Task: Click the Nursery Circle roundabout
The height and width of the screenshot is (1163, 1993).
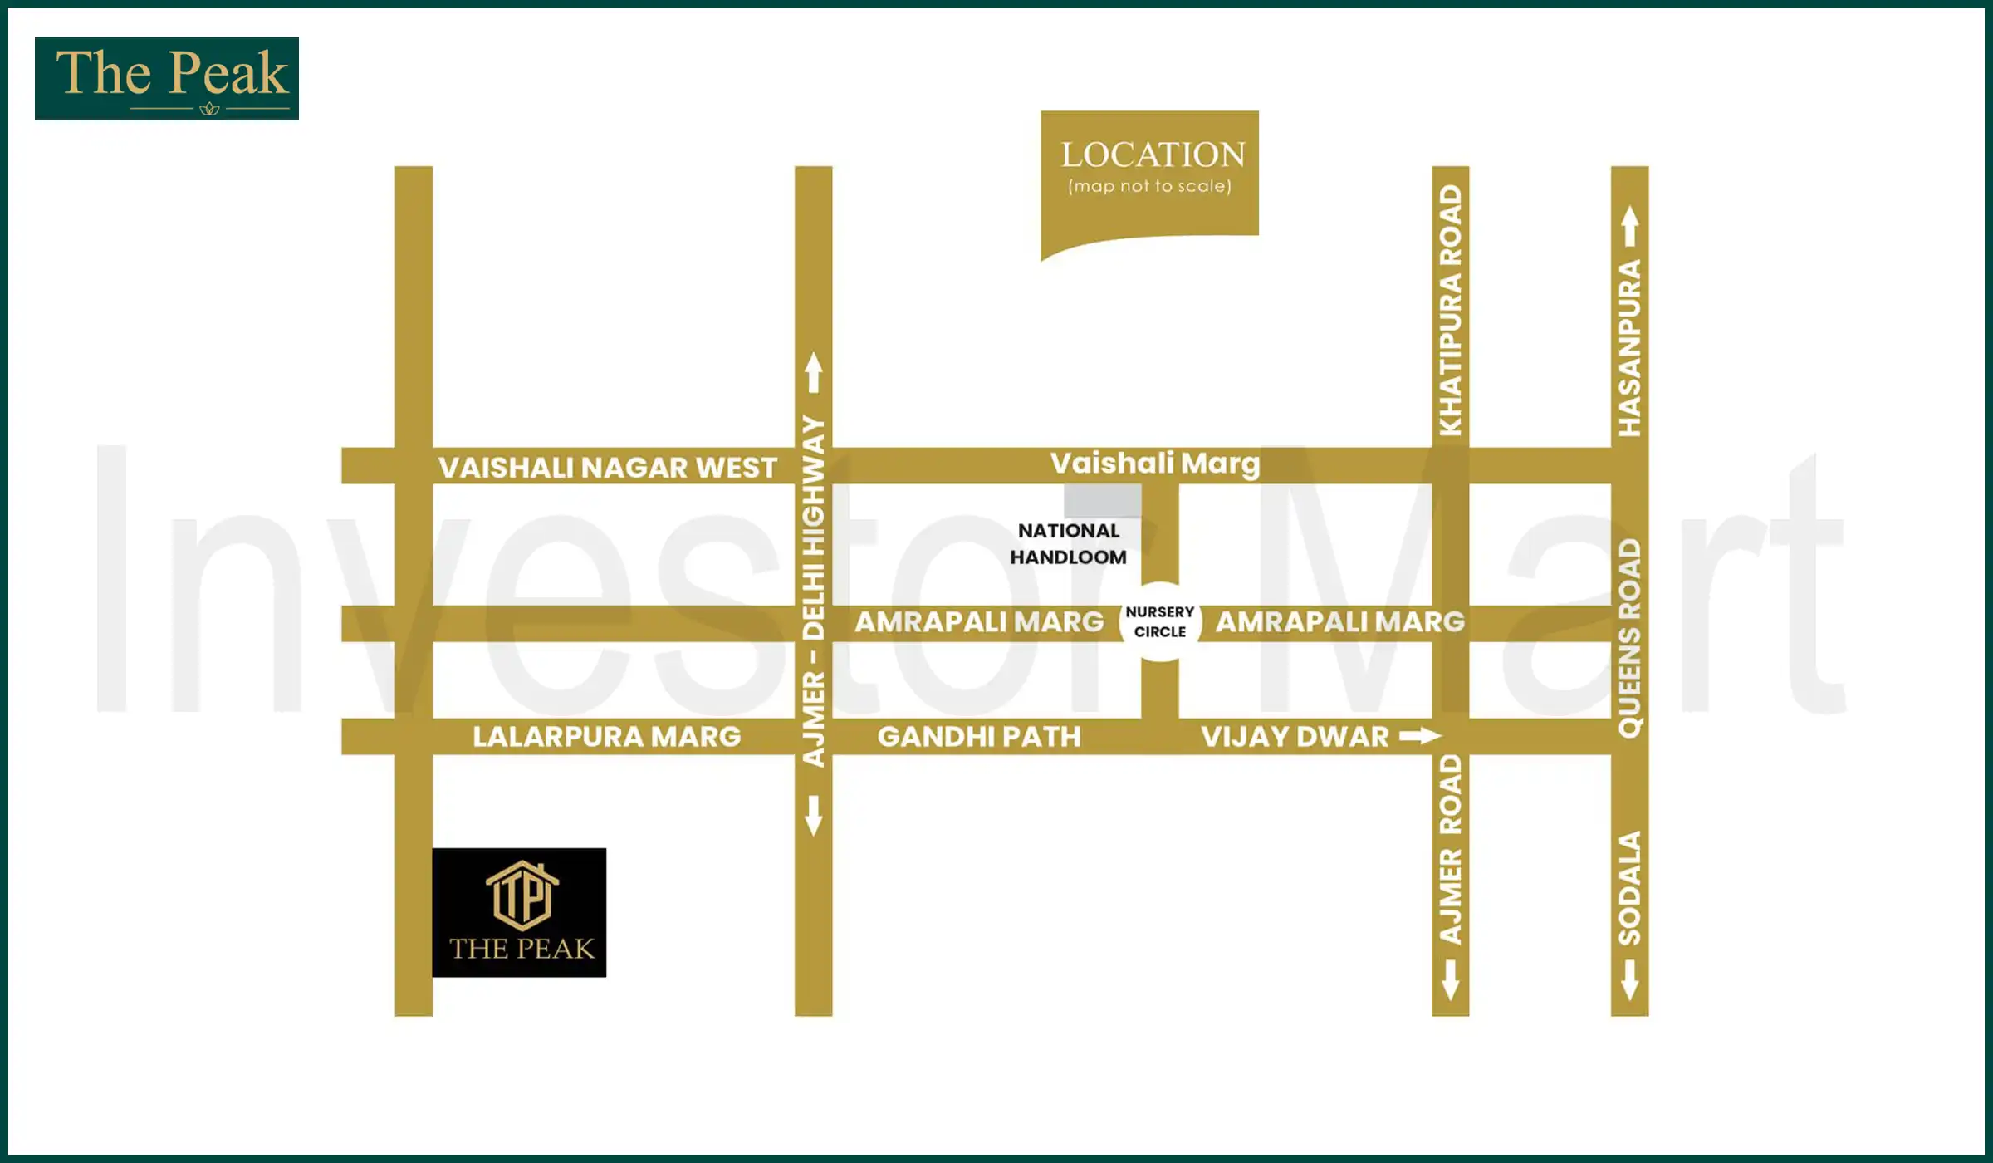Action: pyautogui.click(x=1160, y=621)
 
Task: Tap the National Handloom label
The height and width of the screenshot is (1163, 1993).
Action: pyautogui.click(x=1069, y=544)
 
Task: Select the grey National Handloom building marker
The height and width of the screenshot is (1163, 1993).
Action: pyautogui.click(x=1103, y=501)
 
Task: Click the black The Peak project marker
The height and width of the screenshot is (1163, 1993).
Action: pyautogui.click(x=519, y=912)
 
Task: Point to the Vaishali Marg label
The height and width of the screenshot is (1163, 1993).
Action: pyautogui.click(x=1155, y=464)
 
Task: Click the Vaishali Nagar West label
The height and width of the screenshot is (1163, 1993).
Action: pyautogui.click(x=608, y=468)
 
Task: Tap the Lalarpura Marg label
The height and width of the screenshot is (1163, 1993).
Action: pyautogui.click(x=607, y=737)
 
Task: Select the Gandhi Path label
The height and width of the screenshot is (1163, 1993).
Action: pyautogui.click(x=979, y=737)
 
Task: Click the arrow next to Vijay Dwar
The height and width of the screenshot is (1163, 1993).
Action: pyautogui.click(x=1420, y=736)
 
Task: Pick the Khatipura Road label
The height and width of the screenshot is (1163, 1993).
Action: pyautogui.click(x=1451, y=310)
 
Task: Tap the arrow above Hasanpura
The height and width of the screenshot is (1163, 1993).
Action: pyautogui.click(x=1630, y=226)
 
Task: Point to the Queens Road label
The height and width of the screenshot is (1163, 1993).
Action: pyautogui.click(x=1630, y=638)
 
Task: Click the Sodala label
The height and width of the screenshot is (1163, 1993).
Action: pyautogui.click(x=1630, y=888)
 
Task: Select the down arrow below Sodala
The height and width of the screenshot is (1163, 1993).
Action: pyautogui.click(x=1630, y=980)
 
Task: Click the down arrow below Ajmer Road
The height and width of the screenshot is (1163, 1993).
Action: pyautogui.click(x=1451, y=980)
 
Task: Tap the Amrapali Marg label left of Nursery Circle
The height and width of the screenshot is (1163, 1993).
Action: pyautogui.click(x=980, y=622)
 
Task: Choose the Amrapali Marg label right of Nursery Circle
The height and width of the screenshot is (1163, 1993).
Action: pyautogui.click(x=1340, y=622)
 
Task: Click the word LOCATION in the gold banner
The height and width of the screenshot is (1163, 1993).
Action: pyautogui.click(x=1153, y=155)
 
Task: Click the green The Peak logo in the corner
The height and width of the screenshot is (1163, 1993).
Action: pyautogui.click(x=167, y=78)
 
